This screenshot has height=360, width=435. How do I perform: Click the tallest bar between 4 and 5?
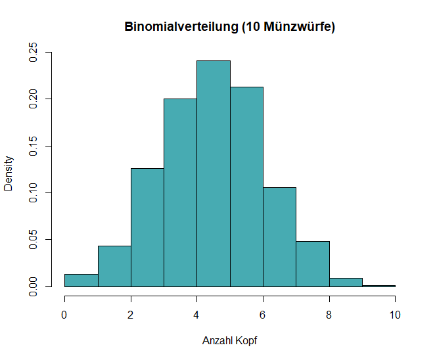214,173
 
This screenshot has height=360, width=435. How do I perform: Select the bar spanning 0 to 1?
81,281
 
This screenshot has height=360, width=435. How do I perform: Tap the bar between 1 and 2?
114,266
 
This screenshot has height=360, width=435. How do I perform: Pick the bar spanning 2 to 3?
147,227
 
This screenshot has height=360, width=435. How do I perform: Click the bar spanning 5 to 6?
246,187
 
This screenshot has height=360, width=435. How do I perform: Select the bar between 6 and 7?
279,236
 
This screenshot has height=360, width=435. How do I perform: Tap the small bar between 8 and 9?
346,282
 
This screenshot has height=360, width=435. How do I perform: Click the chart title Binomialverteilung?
230,27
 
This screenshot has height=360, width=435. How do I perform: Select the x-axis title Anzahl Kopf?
230,341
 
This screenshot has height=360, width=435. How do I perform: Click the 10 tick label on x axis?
395,315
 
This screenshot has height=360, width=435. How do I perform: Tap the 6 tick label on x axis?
263,315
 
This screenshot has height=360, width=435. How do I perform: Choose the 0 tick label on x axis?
64,315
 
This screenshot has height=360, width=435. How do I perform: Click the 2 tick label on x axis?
131,315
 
